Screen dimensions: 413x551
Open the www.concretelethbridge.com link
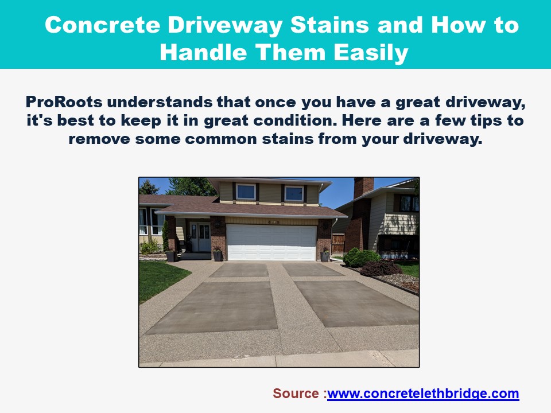(423, 393)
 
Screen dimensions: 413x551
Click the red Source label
(297, 393)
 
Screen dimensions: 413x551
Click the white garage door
(271, 241)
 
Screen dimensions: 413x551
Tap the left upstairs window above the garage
(246, 192)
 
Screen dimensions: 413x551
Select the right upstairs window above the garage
(294, 193)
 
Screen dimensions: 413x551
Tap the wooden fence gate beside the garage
(338, 243)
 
